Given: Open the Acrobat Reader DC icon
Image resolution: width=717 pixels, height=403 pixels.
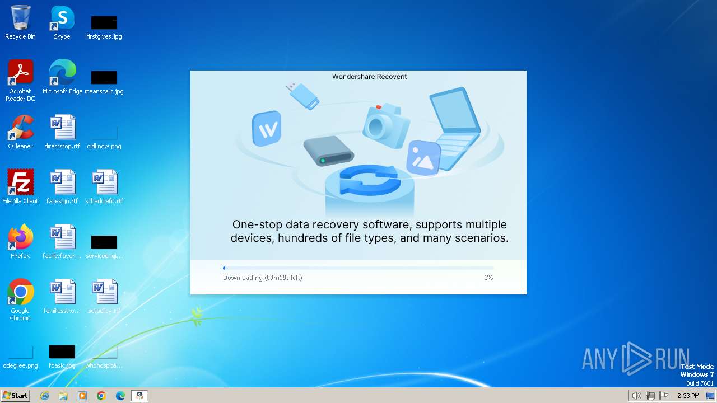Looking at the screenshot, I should coord(20,73).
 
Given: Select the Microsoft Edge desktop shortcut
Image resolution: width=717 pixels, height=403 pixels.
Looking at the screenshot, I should coord(62,73).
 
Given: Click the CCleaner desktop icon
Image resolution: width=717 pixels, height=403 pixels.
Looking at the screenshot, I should coord(20,128).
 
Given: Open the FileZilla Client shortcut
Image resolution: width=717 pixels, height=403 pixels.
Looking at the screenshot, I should coord(20,182).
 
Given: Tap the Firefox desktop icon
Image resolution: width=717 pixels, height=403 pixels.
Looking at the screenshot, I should coord(20,237).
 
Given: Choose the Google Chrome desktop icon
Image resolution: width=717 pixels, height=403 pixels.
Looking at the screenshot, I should coord(20,292).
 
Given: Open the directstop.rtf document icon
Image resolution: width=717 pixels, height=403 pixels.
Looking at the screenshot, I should coord(62,128).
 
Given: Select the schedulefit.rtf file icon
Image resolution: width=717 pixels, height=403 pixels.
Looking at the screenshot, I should coord(104,182).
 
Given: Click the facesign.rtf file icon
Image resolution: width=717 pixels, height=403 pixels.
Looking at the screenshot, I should coord(62,182).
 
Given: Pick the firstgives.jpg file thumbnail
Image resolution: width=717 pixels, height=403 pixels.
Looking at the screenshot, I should coord(104,23).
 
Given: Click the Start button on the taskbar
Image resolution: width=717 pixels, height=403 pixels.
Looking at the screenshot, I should coord(15,396).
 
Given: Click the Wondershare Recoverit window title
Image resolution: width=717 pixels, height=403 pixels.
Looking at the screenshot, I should coord(370,77).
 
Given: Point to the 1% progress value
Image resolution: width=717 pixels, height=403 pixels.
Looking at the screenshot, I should coord(488,278).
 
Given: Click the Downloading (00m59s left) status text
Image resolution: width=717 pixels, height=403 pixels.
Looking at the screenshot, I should coord(262,278).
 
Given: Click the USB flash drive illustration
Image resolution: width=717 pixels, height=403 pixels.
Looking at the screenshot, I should coord(302,95).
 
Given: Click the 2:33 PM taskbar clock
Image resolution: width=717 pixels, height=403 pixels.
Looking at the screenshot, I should coord(688,396).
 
